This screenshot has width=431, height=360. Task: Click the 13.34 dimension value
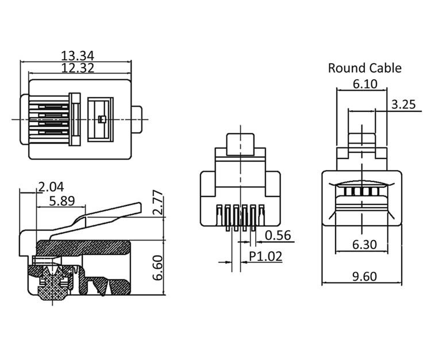[x=77, y=56]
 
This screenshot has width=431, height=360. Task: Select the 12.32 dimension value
[x=78, y=68]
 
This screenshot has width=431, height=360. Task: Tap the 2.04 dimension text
[x=51, y=187]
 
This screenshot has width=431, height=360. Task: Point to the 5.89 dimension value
[x=62, y=201]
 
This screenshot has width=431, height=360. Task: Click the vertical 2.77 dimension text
[x=158, y=202]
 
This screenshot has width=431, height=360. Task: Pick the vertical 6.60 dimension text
[x=158, y=268]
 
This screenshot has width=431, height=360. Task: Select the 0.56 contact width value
[x=278, y=235]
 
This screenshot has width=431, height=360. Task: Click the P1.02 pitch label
[x=265, y=256]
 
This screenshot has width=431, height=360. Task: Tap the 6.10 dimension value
[x=365, y=84]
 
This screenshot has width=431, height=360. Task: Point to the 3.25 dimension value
[x=403, y=104]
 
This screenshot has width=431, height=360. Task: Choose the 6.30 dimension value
[x=364, y=245]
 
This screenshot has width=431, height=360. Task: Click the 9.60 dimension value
[x=364, y=276]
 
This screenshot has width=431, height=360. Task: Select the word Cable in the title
[x=385, y=68]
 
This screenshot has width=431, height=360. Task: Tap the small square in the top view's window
[x=102, y=119]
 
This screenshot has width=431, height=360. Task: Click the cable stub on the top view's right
[x=137, y=119]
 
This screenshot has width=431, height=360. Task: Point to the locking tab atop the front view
[x=240, y=145]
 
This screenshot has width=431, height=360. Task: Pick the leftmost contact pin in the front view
[x=219, y=215]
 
